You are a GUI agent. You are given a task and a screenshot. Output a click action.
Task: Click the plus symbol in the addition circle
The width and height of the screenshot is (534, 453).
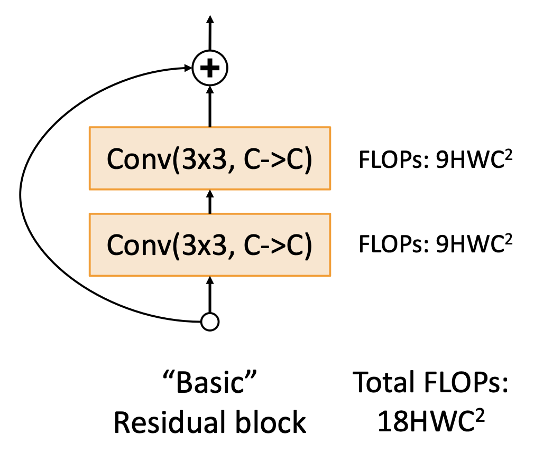point(210,68)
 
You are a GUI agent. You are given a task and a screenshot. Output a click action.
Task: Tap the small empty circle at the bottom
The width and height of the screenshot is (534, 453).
point(210,322)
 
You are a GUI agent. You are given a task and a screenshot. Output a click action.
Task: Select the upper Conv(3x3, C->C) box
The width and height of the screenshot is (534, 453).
point(210,158)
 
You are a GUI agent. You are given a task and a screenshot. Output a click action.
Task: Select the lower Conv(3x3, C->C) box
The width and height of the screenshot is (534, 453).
point(210,244)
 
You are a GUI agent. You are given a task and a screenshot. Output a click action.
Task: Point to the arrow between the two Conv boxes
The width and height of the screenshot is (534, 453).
point(210,201)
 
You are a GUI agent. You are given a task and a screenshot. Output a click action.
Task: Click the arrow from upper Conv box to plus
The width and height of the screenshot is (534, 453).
point(210,106)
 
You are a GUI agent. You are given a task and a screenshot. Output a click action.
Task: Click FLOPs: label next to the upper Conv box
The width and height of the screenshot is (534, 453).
point(393,160)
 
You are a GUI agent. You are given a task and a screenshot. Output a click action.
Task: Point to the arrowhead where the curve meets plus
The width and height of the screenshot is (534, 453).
point(187,68)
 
